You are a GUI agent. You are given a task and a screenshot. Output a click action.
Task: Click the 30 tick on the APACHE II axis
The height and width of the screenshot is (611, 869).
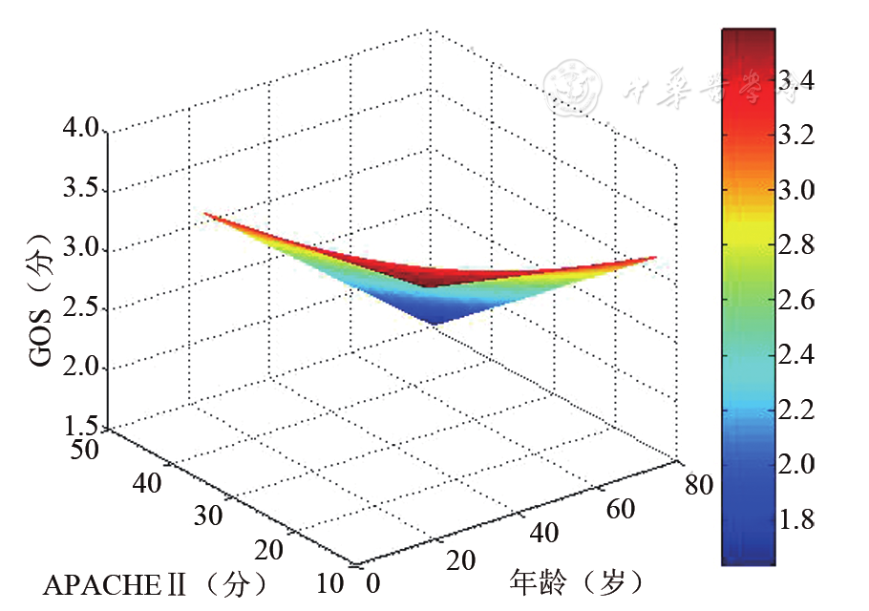(208, 516)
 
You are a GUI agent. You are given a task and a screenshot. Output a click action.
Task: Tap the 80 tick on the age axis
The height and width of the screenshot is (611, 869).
(700, 486)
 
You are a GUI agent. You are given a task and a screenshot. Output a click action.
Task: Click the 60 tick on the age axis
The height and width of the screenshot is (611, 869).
(621, 509)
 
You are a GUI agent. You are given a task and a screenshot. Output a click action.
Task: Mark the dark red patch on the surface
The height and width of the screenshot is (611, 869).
(434, 278)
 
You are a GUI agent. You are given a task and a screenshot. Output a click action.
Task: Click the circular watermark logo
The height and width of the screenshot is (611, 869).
(574, 87)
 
